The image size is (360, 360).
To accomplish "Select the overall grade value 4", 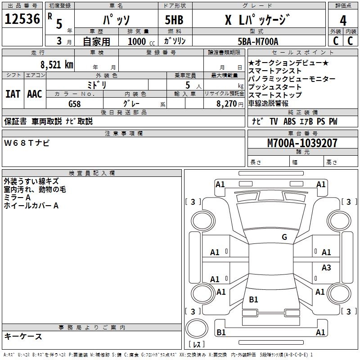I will [x=343, y=21].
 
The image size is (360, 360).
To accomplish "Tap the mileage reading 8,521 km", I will [x=56, y=65].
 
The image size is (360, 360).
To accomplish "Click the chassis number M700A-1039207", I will [x=302, y=143].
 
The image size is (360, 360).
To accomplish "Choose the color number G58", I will [x=75, y=103].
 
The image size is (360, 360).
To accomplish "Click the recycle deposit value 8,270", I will [x=227, y=103].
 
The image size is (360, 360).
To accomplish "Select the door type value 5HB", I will [x=174, y=20].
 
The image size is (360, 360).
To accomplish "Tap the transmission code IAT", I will [x=13, y=94].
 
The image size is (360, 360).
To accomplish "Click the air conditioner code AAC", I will [x=35, y=94].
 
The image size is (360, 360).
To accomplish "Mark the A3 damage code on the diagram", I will [x=326, y=268].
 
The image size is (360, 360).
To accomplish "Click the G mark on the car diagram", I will [x=284, y=237].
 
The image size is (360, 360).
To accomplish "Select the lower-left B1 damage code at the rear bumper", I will [x=221, y=332].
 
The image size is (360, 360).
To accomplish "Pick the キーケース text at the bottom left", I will [x=23, y=336].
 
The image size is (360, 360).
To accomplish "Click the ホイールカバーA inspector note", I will [x=31, y=206].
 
